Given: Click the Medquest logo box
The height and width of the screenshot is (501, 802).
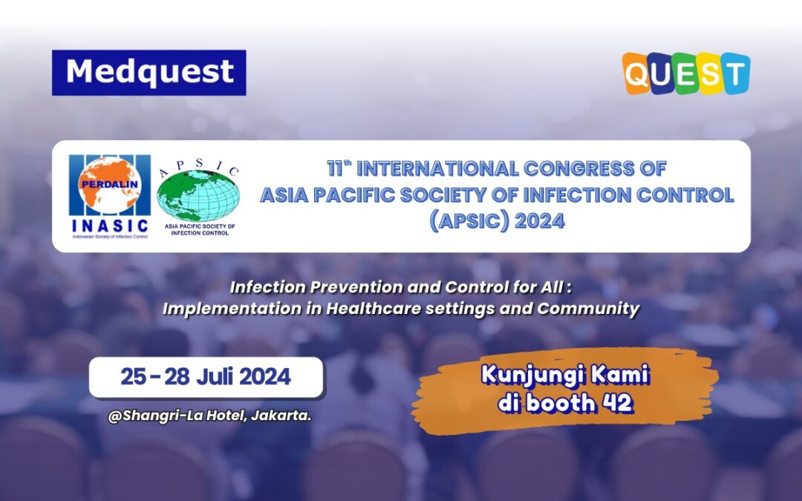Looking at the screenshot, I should click(149, 72).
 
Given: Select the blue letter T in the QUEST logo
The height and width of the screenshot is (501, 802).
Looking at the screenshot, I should click(735, 73).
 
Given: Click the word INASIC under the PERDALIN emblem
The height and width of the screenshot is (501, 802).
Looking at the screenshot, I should click(109, 224).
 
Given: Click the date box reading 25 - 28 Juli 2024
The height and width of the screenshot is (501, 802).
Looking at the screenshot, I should click(206, 377).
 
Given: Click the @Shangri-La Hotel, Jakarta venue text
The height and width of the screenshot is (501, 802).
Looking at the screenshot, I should click(209, 416).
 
